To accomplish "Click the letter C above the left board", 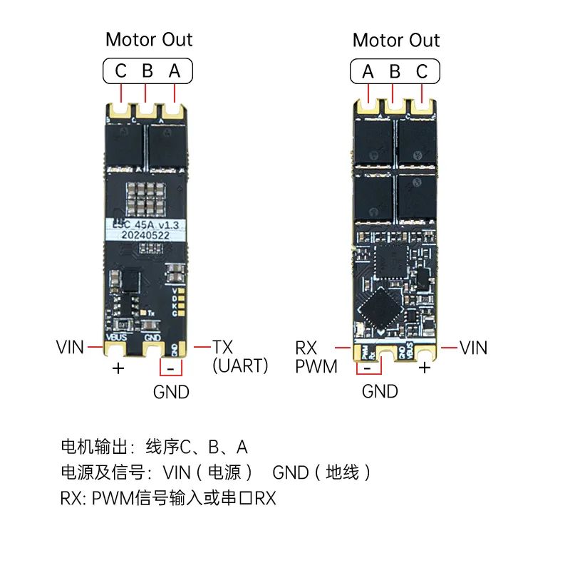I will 120,71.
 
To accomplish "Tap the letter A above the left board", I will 175,71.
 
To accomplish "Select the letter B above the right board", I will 395,71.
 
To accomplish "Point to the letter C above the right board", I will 422,71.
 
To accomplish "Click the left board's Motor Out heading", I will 149,39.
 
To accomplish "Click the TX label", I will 222,347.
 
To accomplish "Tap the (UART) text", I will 240,366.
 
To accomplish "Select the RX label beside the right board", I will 306,348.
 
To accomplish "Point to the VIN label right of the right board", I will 473,348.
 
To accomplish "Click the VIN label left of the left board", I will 70,348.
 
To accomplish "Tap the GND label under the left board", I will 171,392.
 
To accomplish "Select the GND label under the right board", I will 380,391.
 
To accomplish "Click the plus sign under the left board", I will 118,368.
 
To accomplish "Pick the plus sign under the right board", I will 425,368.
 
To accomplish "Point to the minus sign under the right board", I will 367,368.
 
